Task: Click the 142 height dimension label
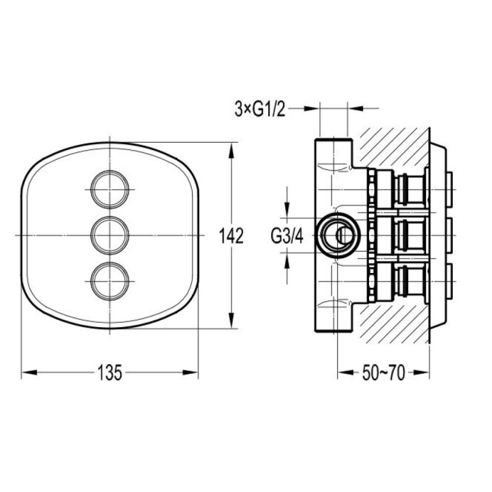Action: [x=231, y=236]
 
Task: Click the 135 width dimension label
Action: [x=109, y=373]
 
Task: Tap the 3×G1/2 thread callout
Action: [x=260, y=109]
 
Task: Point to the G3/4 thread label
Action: [x=287, y=236]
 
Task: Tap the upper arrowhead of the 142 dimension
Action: [x=231, y=151]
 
